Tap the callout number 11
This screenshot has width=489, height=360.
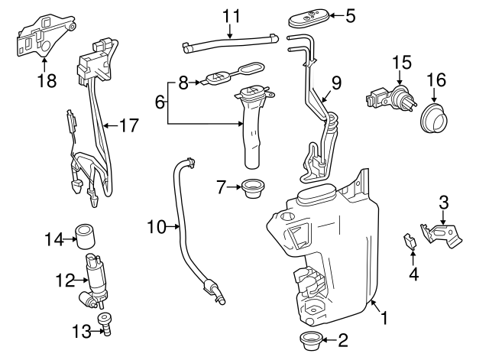point(231,15)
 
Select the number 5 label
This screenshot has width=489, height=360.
point(350,15)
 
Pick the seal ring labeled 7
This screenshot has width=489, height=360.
point(250,187)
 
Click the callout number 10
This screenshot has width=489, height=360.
point(156,226)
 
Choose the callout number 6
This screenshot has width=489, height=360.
point(160,102)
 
